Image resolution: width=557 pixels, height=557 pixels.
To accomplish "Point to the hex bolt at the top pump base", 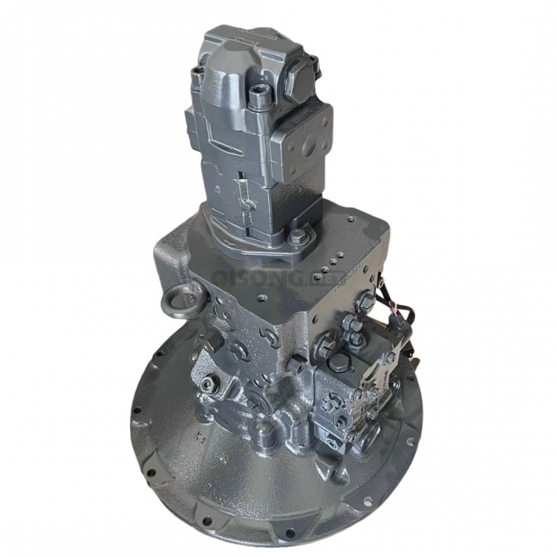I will click(x=297, y=238).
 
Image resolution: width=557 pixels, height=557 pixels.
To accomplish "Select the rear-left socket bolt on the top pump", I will click(x=197, y=71).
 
